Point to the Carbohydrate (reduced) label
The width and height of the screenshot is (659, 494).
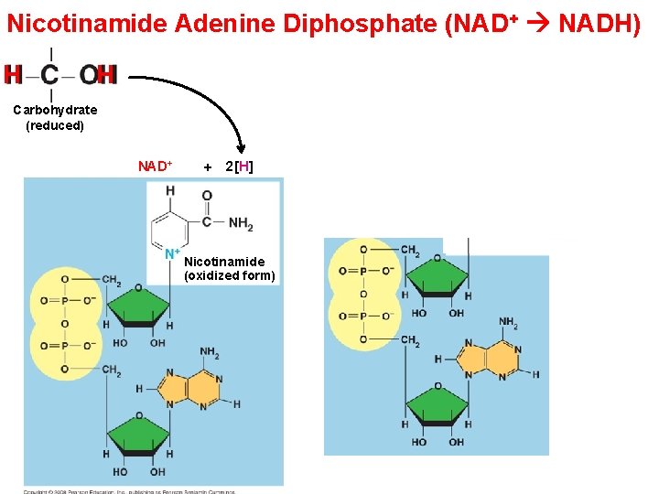click(x=55, y=118)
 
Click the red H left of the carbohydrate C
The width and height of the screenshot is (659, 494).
click(x=14, y=74)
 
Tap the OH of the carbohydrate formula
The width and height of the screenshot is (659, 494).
click(x=97, y=74)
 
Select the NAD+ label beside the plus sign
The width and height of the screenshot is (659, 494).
click(x=155, y=166)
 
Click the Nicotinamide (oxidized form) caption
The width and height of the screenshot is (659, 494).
click(x=229, y=268)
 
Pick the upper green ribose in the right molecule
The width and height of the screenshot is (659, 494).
click(x=438, y=276)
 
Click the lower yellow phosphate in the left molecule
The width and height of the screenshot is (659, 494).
click(x=65, y=346)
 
